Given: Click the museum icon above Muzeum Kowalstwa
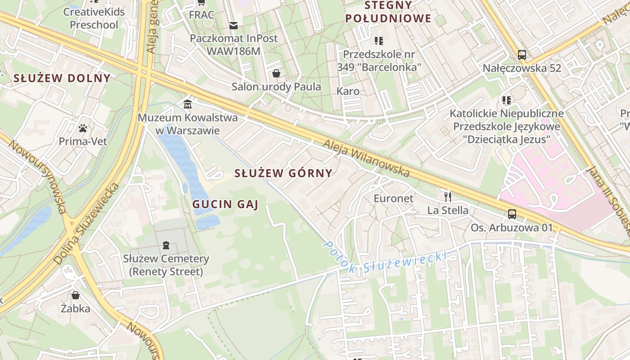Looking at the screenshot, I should tap(187, 104).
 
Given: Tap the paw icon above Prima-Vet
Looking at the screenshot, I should tap(83, 128).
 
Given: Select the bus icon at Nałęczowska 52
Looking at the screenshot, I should tap(522, 55).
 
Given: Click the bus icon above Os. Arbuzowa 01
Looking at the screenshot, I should tap(512, 214).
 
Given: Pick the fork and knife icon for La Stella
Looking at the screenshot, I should tap(447, 197).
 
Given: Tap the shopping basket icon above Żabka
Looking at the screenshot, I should tap(76, 295).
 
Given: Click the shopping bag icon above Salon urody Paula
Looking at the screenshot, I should tap(276, 73).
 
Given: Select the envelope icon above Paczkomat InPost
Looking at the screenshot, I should tap(233, 25).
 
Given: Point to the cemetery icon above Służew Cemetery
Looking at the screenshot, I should tap(166, 245).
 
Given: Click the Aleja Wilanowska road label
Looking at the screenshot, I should tap(367, 157).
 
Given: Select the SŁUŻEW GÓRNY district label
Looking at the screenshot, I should tap(283, 173).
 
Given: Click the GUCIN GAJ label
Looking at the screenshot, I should tap(225, 205).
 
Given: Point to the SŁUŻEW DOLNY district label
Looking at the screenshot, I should tap(62, 78).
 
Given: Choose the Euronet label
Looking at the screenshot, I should tap(393, 198).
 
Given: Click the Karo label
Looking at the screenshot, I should tap(348, 91).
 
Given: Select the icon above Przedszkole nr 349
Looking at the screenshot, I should tap(379, 41).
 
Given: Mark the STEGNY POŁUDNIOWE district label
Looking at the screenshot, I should tap(389, 12).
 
